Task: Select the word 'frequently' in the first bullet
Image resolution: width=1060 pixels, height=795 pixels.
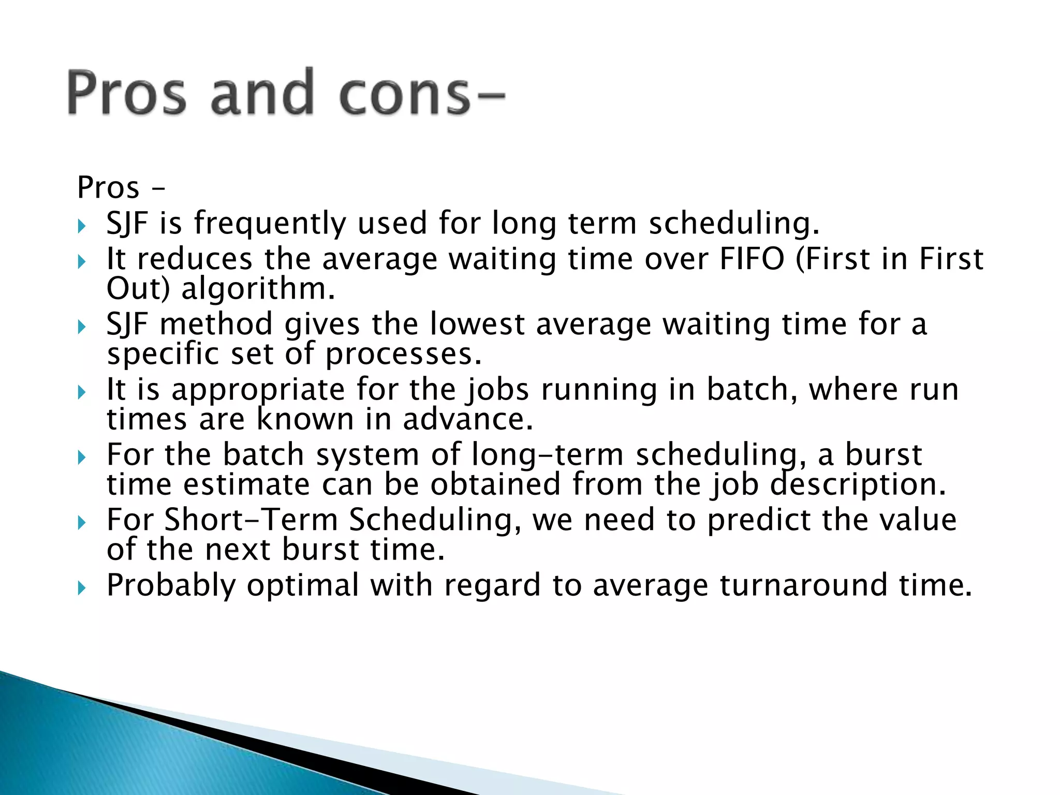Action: (x=270, y=224)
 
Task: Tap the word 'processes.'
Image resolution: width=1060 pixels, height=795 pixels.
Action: (x=404, y=354)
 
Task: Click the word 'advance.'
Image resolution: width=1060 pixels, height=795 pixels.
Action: (x=468, y=419)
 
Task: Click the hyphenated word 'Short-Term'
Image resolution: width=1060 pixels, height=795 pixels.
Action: (x=251, y=520)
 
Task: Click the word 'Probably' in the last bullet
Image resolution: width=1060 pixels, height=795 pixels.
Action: (x=171, y=585)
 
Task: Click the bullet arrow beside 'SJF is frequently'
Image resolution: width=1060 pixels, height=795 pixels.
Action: (x=81, y=226)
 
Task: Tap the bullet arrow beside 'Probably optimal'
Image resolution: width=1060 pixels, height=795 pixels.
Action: (x=81, y=587)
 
